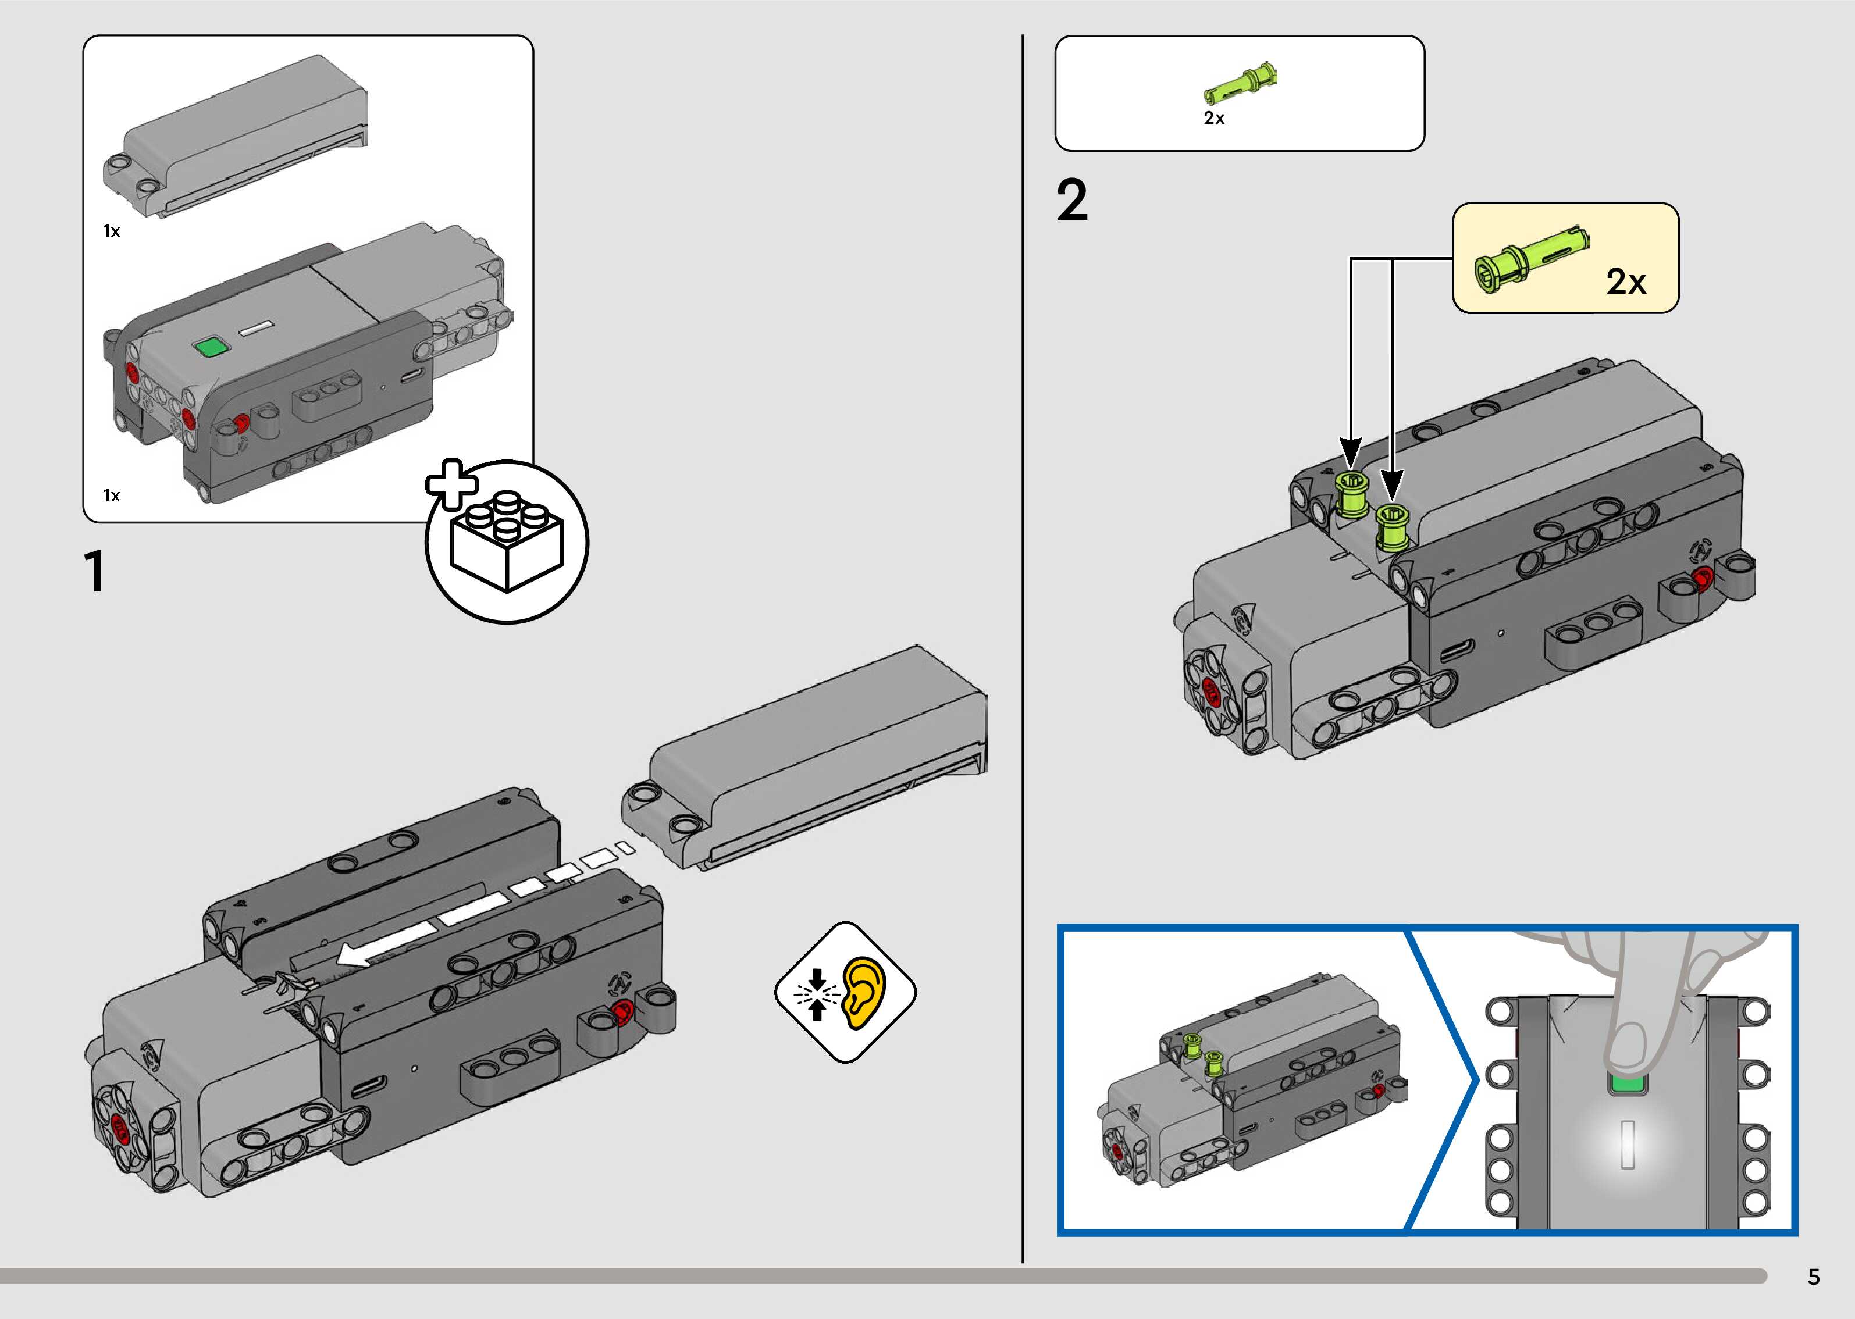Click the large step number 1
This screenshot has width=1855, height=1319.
(x=95, y=571)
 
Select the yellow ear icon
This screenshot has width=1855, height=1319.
(x=864, y=993)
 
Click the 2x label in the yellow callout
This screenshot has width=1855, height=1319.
(x=1626, y=282)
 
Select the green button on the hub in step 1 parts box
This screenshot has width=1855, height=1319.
(x=211, y=348)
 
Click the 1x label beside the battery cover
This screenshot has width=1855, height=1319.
(x=111, y=231)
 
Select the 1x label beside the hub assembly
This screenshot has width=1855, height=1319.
(x=111, y=495)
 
